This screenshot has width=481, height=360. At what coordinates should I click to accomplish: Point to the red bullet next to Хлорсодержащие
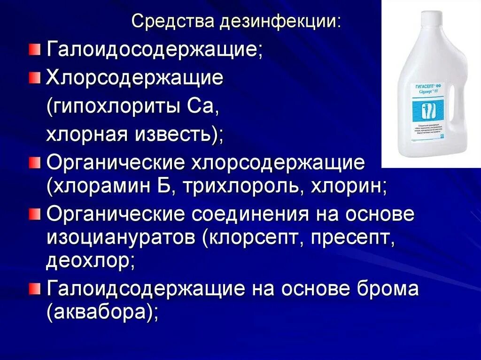click(34, 77)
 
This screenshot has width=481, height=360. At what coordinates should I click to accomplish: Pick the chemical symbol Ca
click(204, 106)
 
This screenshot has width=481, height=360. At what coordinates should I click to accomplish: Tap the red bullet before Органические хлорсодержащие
click(34, 163)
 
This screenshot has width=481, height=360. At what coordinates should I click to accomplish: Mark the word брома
click(388, 289)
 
